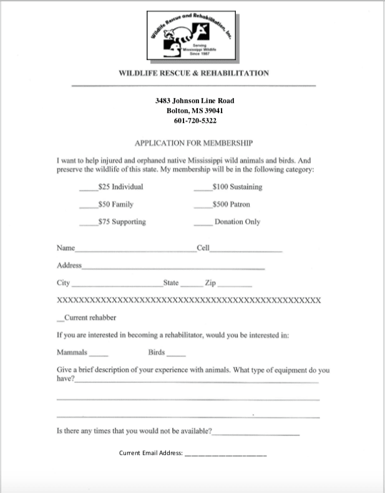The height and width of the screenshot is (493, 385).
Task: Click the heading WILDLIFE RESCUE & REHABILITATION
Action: (193, 73)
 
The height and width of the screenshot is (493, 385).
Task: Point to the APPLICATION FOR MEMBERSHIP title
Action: (193, 143)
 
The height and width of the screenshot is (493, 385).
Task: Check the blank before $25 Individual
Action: (88, 188)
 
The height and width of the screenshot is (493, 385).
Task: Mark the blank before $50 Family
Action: (88, 206)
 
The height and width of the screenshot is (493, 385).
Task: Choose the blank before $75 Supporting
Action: (88, 223)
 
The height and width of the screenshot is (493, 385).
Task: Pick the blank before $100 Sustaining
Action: (203, 188)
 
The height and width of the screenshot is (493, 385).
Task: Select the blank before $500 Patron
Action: (203, 206)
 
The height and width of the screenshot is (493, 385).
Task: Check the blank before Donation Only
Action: (203, 223)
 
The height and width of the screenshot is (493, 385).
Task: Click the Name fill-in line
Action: (135, 250)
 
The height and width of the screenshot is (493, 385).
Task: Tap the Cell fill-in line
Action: (246, 250)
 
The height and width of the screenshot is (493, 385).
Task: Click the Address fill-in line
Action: (173, 268)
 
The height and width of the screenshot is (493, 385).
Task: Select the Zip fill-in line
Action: (235, 285)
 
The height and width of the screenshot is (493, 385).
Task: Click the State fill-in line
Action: (190, 285)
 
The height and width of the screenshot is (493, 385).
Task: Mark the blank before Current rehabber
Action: (60, 320)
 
